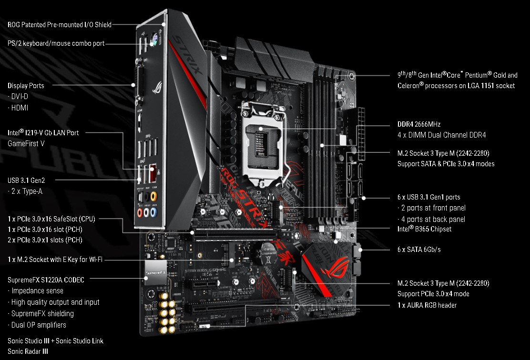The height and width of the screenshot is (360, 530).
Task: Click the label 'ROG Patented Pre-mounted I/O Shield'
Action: pyautogui.click(x=60, y=25)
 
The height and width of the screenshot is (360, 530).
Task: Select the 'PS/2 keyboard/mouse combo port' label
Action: pyautogui.click(x=56, y=43)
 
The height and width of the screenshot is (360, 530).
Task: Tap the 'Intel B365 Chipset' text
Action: pyautogui.click(x=424, y=229)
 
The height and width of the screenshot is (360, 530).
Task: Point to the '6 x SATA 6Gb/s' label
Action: pyautogui.click(x=419, y=250)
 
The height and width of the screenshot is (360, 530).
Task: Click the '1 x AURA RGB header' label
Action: pyautogui.click(x=427, y=305)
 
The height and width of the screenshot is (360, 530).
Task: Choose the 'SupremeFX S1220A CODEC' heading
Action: pyautogui.click(x=46, y=280)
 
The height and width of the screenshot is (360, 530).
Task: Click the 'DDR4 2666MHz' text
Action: pyautogui.click(x=419, y=124)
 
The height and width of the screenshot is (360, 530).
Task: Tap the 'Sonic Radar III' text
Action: pyautogui.click(x=28, y=351)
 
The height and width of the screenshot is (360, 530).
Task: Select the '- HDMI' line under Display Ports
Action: pyautogui.click(x=18, y=108)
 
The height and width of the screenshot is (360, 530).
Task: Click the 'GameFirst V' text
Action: pyautogui.click(x=26, y=143)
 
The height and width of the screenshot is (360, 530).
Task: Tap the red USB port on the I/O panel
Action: pyautogui.click(x=153, y=173)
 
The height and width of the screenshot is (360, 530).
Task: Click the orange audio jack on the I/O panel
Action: pyautogui.click(x=154, y=196)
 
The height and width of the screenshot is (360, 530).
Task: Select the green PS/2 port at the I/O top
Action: pyautogui.click(x=153, y=40)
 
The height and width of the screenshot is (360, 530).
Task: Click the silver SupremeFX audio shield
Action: pyautogui.click(x=156, y=272)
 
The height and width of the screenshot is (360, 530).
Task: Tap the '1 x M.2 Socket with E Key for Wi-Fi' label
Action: pyautogui.click(x=55, y=260)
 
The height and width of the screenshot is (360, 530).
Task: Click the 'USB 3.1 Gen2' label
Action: pyautogui.click(x=26, y=180)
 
